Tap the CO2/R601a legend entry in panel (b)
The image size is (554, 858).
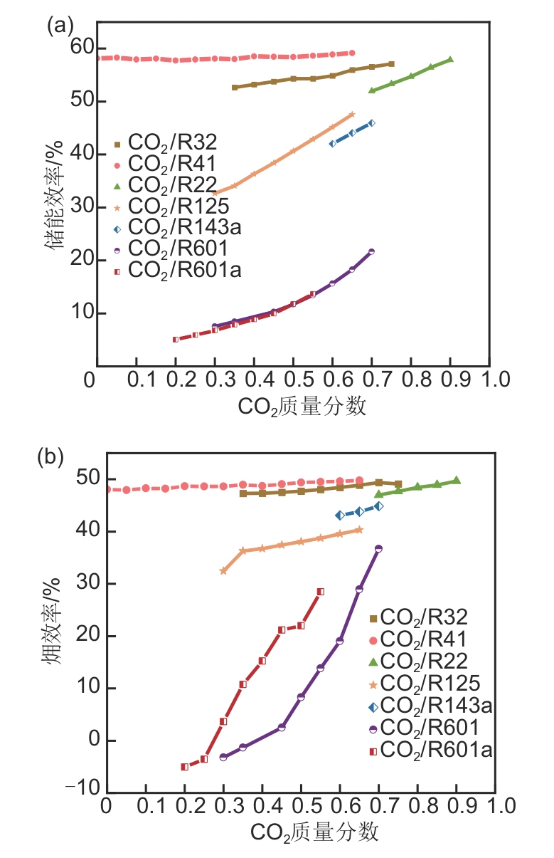click(x=430, y=749)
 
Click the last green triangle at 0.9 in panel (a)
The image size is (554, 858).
click(x=450, y=59)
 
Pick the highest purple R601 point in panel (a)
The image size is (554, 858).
click(x=371, y=251)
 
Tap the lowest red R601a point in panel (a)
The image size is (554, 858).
click(x=176, y=340)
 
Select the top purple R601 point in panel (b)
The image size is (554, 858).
click(x=378, y=548)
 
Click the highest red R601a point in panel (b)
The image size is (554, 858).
click(x=320, y=592)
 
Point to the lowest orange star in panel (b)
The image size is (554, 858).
click(x=223, y=571)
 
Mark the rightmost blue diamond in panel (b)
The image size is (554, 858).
click(x=379, y=506)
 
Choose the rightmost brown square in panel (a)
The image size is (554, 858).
click(x=391, y=64)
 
